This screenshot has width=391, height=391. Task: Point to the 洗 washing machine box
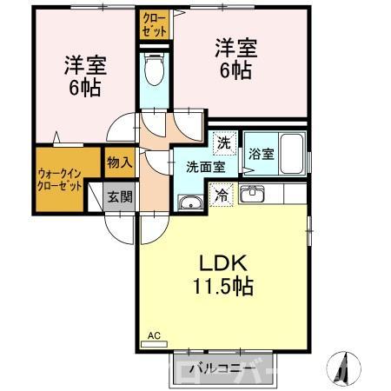point(224,142)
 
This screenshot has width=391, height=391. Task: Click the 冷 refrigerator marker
point(222,195)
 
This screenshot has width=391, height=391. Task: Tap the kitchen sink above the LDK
point(253,194)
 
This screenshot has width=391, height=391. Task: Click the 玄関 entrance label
point(120,197)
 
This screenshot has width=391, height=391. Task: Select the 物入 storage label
point(119,162)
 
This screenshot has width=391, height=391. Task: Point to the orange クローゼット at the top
point(154,23)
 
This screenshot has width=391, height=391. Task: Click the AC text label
point(154,335)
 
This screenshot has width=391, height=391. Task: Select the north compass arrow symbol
point(341,366)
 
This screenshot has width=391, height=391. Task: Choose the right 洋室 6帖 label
point(233,59)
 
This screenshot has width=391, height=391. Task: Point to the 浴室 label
point(262,154)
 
